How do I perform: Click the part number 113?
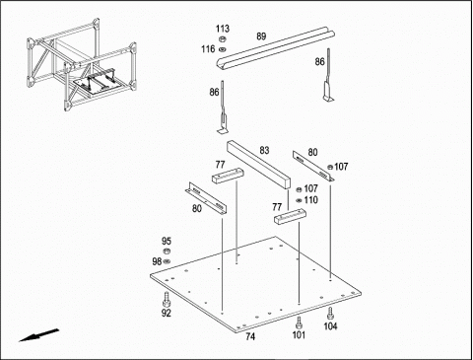(223, 29)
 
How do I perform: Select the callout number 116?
(208, 49)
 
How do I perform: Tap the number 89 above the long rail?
(261, 36)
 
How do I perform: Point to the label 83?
(264, 150)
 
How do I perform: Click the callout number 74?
(250, 336)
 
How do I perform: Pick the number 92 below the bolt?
(167, 313)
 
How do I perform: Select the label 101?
(299, 335)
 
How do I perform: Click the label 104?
(330, 326)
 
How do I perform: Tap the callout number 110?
(310, 200)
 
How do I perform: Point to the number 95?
(167, 241)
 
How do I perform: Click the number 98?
(157, 261)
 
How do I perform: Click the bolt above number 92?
(166, 299)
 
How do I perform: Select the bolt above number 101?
(299, 323)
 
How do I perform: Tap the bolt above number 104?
(330, 314)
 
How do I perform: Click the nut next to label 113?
(223, 39)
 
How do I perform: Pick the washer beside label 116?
(223, 49)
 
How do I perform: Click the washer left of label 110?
(299, 200)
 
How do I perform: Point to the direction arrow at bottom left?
(39, 335)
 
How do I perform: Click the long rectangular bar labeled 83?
(259, 165)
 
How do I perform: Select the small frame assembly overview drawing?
(82, 64)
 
